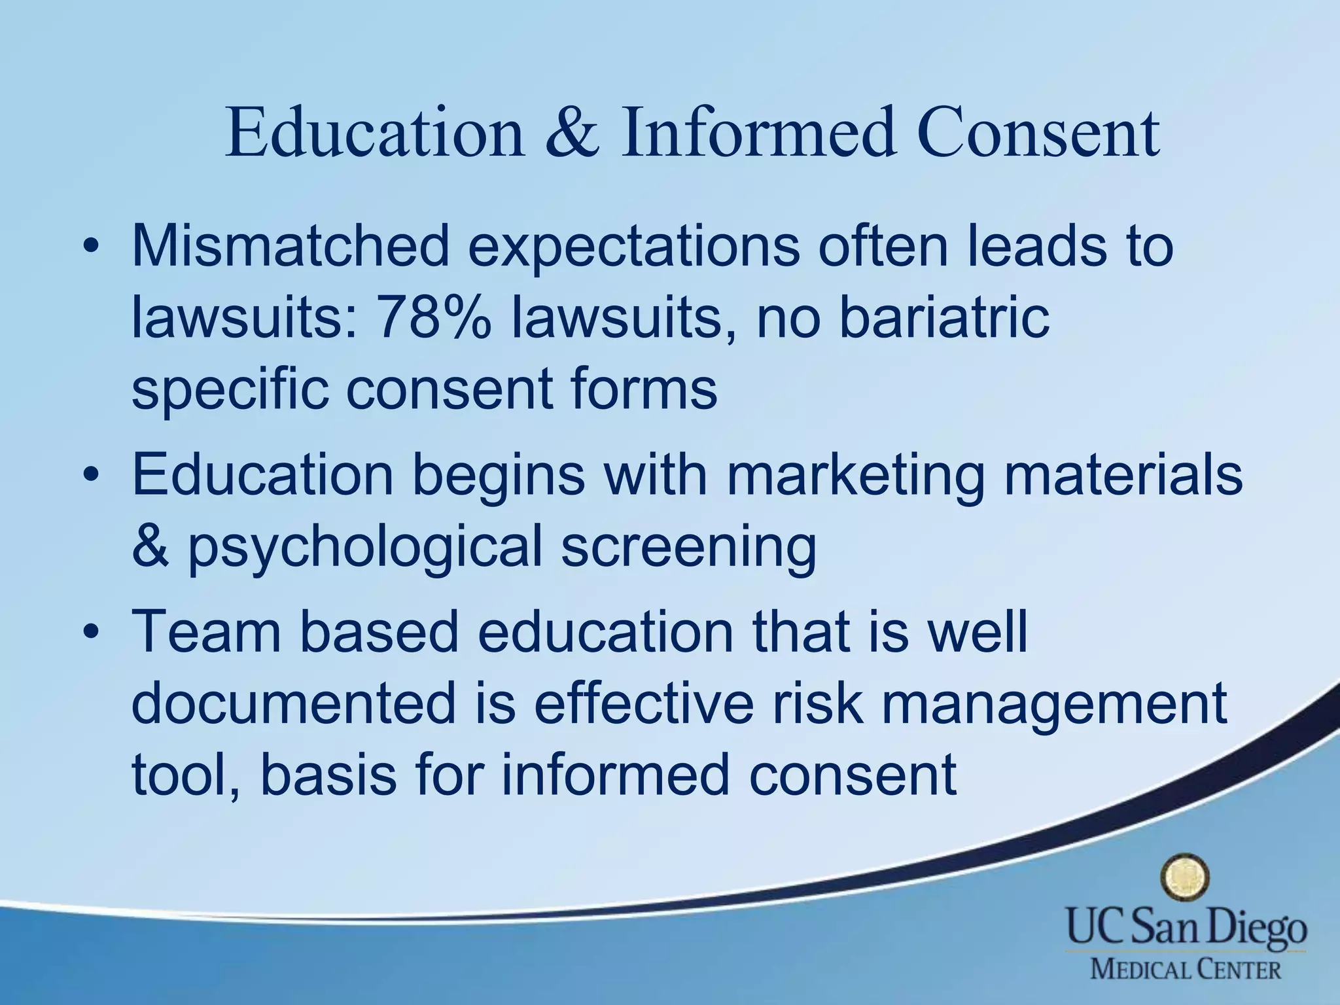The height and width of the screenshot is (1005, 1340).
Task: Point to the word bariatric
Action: pyautogui.click(x=943, y=319)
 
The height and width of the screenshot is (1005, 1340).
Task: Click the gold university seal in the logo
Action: pyautogui.click(x=1184, y=879)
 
